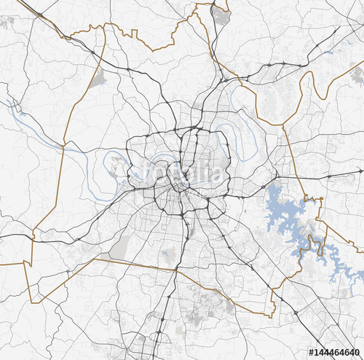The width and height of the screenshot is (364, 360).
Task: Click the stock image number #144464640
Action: point(336,353)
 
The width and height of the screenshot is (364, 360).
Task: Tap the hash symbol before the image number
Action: point(310,353)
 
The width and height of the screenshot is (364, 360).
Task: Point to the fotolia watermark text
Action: point(178,172)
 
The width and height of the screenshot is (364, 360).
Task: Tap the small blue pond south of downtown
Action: point(169,255)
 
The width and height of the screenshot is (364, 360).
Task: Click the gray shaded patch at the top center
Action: point(220,15)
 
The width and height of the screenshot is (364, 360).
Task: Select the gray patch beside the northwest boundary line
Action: point(97,79)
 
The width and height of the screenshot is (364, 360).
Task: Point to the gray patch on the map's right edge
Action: point(357,74)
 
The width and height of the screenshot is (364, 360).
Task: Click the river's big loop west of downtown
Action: point(116,166)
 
